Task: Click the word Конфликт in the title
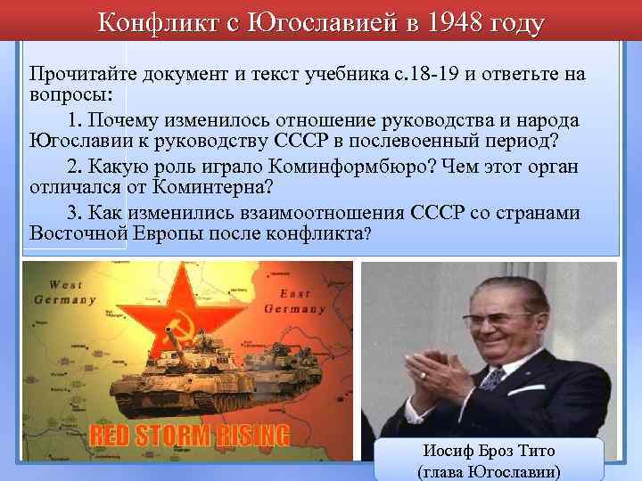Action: [x=153, y=23]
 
